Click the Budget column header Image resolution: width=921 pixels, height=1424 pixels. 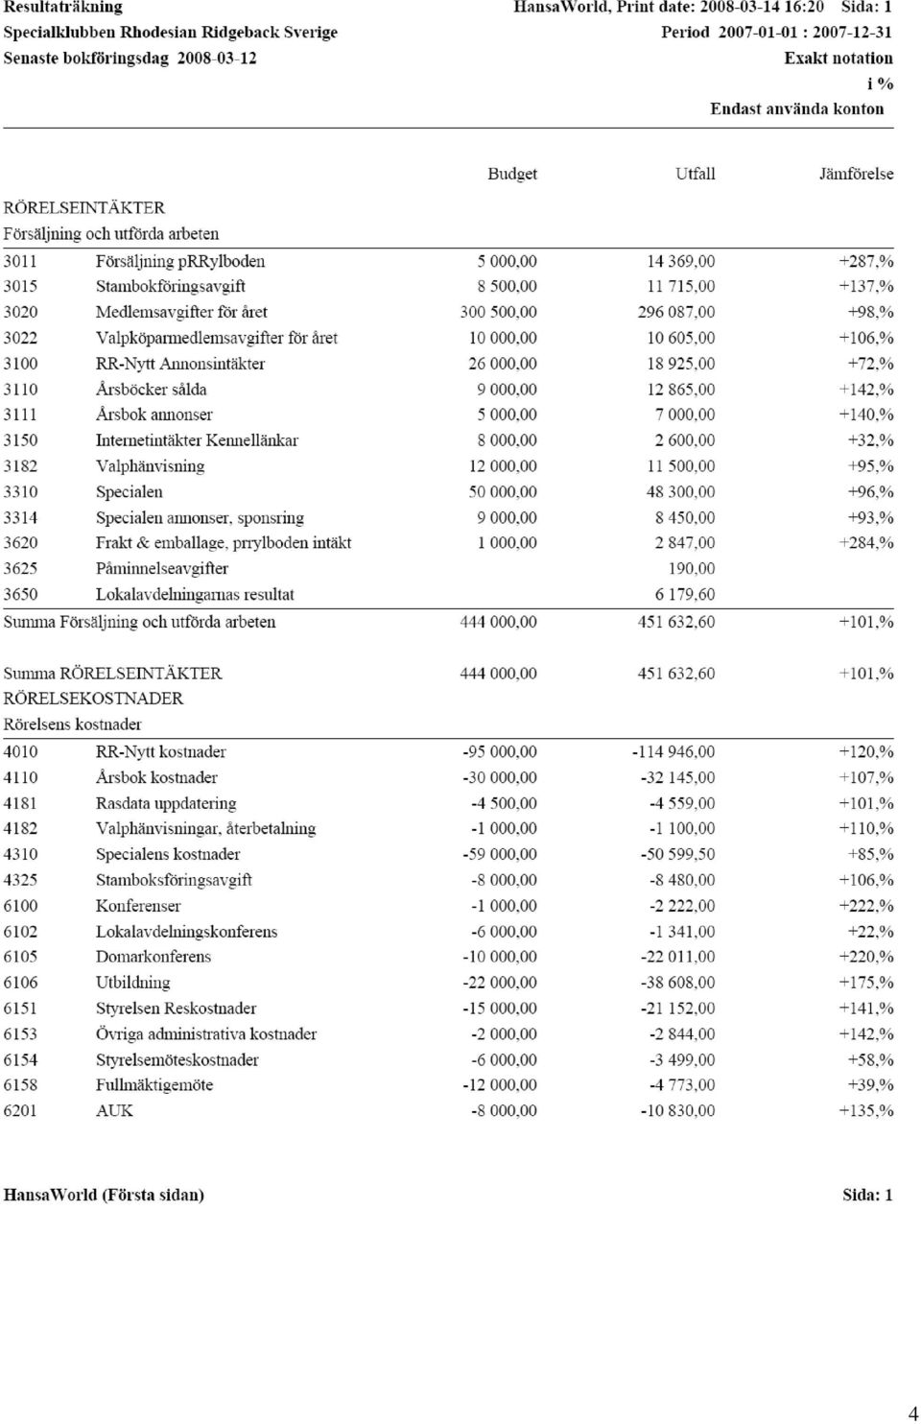pos(511,175)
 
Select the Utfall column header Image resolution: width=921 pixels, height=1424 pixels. pos(695,174)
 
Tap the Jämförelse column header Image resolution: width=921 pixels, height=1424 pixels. pos(856,174)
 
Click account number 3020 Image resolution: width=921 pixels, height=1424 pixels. pos(20,312)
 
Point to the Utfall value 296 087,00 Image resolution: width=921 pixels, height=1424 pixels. pos(675,312)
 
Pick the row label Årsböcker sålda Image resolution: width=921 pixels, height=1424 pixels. pos(151,389)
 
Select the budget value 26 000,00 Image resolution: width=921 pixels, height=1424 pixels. pos(502,364)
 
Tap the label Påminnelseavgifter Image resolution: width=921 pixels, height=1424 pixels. pos(161,568)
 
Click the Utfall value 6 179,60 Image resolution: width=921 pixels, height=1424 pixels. pos(685,594)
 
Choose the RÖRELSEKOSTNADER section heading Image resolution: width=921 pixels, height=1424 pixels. pos(93,699)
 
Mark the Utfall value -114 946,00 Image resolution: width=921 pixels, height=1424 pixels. pos(673,752)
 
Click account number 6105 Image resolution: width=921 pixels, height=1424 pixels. pos(20,957)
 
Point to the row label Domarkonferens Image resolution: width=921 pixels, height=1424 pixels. pos(153,957)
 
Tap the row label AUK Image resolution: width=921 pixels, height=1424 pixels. pos(114,1110)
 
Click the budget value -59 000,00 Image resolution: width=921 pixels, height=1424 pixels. pos(500,854)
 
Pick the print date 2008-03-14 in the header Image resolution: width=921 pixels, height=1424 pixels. pos(740,7)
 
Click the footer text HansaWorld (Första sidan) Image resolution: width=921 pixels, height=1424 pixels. pos(104,1195)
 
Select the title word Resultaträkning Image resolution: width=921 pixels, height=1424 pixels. pos(63,8)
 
